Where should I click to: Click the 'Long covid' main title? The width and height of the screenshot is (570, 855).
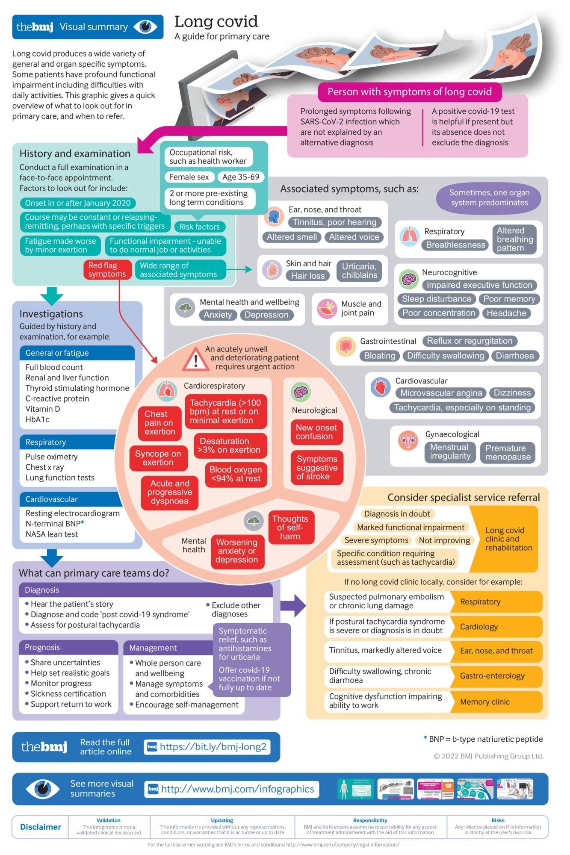[x=216, y=21]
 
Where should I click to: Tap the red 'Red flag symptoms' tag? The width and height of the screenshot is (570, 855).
[x=107, y=270]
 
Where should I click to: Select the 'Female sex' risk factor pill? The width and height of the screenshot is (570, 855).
[x=189, y=177]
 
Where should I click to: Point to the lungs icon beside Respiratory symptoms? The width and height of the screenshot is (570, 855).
[x=409, y=236]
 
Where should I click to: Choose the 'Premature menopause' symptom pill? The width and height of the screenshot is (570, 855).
[x=508, y=452]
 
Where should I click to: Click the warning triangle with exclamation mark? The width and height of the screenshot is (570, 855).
[x=195, y=359]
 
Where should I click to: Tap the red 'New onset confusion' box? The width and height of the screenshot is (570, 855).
[x=316, y=432]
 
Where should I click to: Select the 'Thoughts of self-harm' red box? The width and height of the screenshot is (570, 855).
[x=290, y=527]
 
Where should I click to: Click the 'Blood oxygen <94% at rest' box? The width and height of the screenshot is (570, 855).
[x=236, y=474]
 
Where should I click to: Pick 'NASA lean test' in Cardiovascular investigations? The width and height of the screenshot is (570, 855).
[x=51, y=534]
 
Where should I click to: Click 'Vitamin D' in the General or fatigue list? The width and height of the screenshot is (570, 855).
[x=43, y=409]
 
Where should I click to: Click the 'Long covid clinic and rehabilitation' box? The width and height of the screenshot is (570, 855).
[x=508, y=539]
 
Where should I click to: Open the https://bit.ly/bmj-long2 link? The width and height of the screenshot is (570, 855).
[x=213, y=746]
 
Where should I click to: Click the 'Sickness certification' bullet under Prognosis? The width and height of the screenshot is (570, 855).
[x=68, y=693]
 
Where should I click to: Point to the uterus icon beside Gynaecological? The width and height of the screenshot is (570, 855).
[x=408, y=441]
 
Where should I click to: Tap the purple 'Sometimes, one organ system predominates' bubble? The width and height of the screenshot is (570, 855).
[x=489, y=198]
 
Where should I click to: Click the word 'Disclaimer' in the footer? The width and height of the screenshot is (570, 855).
[x=41, y=827]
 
